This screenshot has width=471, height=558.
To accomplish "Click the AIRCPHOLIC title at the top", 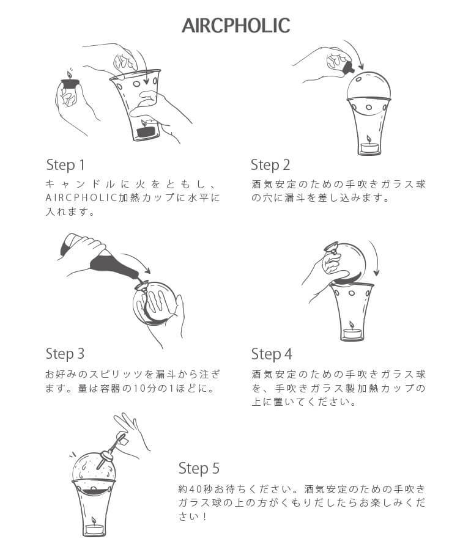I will pyautogui.click(x=236, y=26).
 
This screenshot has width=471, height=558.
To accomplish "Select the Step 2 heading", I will pyautogui.click(x=270, y=165).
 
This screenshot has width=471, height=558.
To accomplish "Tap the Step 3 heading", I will pyautogui.click(x=65, y=354).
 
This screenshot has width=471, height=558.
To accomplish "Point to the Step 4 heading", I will pyautogui.click(x=272, y=354).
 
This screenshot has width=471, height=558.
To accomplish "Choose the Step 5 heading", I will pyautogui.click(x=199, y=468).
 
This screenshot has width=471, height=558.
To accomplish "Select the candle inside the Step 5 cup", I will pyautogui.click(x=94, y=529).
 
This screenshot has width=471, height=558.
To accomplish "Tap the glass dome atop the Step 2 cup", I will pyautogui.click(x=369, y=86).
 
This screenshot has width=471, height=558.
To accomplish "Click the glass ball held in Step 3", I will pyautogui.click(x=155, y=303).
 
